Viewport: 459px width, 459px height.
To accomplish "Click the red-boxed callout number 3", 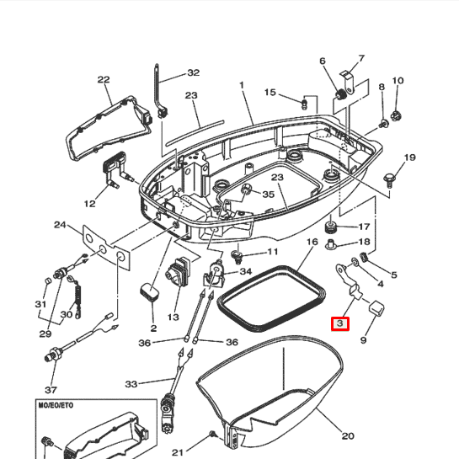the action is coord(340,323).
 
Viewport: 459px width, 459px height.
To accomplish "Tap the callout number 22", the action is coord(104,80).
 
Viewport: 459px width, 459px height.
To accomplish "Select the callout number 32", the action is coord(193,72).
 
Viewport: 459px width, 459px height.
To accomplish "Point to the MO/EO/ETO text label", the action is coord(56,405).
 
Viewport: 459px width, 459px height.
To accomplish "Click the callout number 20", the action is coord(348,436).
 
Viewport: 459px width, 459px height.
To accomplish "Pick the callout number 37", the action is coord(51,390).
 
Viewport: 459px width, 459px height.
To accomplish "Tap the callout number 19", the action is coord(410,157).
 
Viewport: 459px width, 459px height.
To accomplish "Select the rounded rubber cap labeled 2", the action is coord(150,291).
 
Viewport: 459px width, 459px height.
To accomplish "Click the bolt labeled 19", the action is coord(389,179).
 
